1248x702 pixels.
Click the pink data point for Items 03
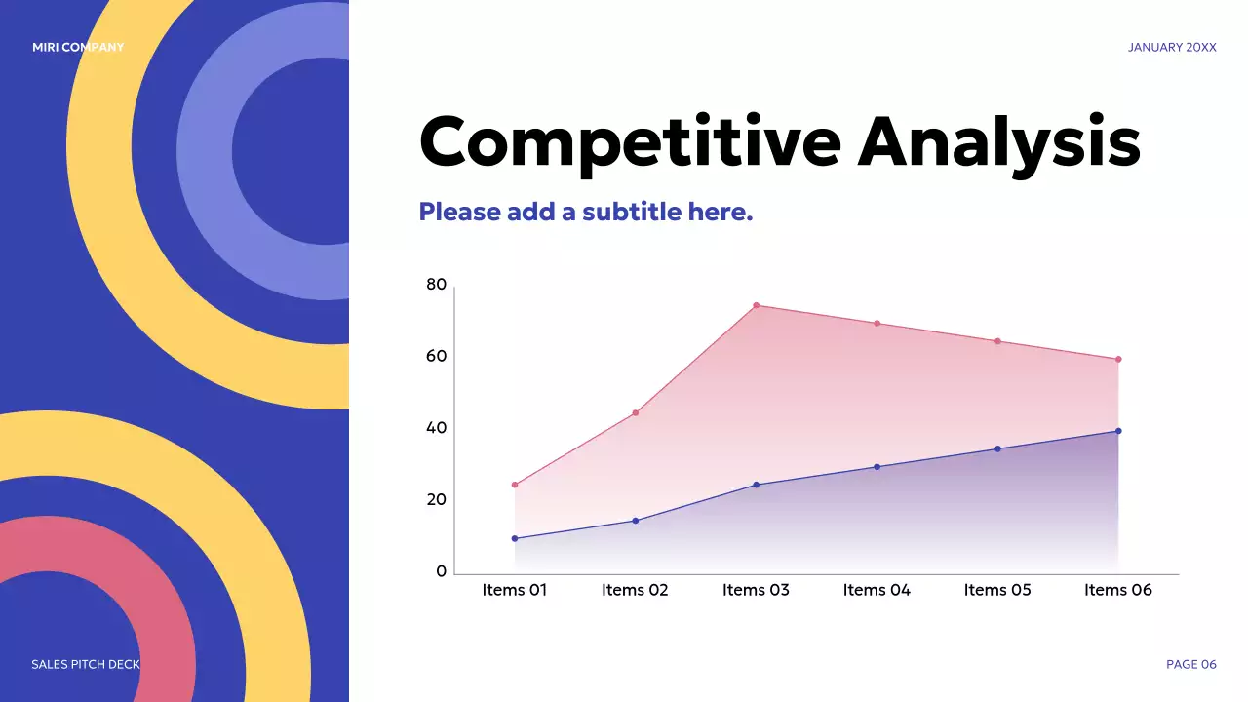[x=756, y=305]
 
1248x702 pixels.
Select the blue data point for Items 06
[x=1118, y=431]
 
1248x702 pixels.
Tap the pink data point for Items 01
[x=514, y=485]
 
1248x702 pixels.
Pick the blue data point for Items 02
[x=635, y=521]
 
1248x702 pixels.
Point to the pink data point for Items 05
[x=997, y=341]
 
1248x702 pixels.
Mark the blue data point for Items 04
[x=877, y=467]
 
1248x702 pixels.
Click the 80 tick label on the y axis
[x=436, y=285]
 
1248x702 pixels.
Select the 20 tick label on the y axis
[x=436, y=500]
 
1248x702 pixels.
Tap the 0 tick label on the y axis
[x=442, y=571]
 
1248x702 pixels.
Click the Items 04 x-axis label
[x=877, y=590]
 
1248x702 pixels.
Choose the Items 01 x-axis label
[x=514, y=590]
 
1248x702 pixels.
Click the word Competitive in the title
[x=630, y=143]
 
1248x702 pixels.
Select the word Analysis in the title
[x=999, y=143]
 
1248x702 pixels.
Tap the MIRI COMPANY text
[x=78, y=48]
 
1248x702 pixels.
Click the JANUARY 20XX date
[x=1172, y=48]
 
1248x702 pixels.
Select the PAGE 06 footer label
[x=1191, y=664]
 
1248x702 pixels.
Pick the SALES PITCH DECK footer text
[x=86, y=664]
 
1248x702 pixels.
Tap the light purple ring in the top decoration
[x=206, y=150]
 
